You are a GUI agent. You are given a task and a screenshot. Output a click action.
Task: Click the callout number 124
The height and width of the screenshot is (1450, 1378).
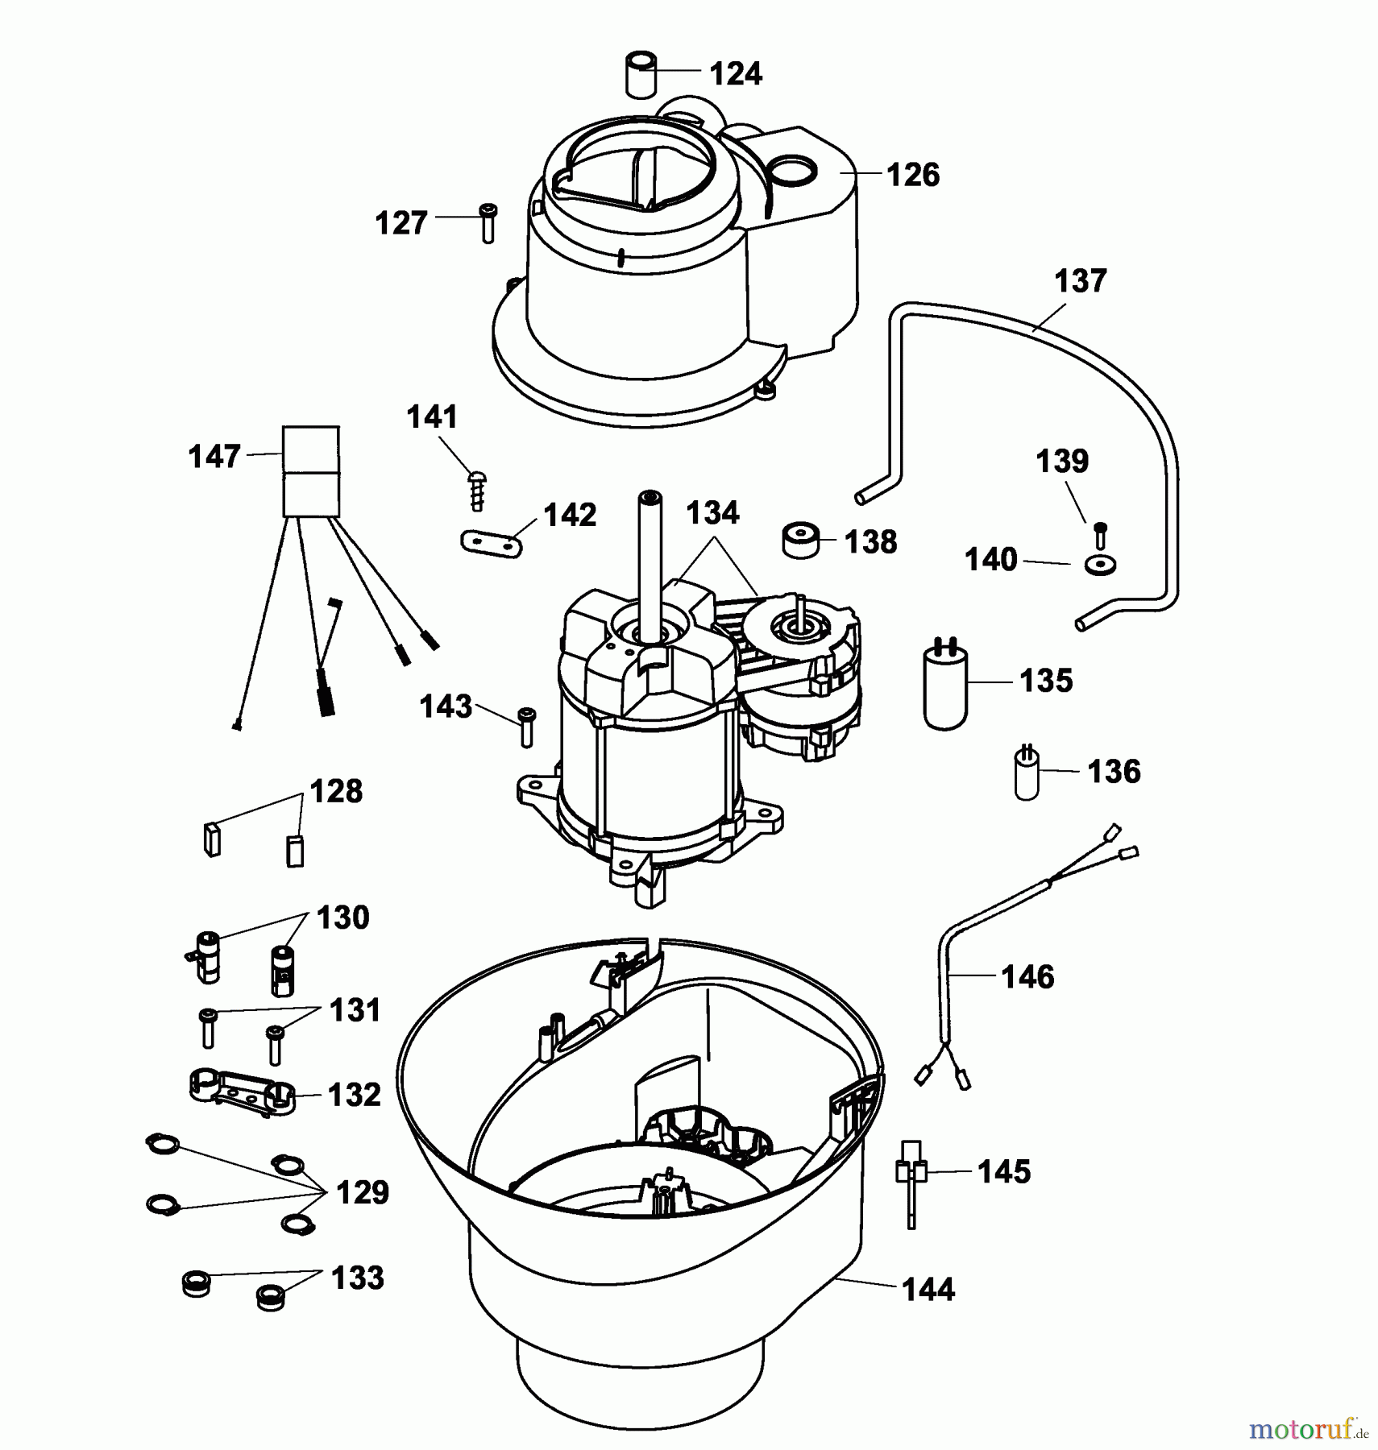tap(736, 74)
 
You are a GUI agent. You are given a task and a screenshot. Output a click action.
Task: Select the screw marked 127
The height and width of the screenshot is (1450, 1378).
tap(488, 223)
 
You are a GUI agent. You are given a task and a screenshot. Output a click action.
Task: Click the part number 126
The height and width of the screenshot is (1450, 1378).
tap(913, 175)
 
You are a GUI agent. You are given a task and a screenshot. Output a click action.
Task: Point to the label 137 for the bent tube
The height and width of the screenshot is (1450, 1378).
tap(1081, 281)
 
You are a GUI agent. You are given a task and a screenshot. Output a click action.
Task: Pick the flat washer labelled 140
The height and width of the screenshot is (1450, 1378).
tap(1100, 565)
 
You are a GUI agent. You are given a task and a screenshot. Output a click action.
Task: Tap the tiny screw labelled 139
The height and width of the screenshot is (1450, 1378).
tap(1101, 535)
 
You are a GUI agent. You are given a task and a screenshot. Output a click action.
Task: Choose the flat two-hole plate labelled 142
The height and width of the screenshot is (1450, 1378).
tap(492, 543)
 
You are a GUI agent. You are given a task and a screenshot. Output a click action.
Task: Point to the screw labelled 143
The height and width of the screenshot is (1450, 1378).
tap(526, 726)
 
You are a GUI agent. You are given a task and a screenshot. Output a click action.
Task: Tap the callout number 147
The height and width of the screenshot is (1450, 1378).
tap(214, 457)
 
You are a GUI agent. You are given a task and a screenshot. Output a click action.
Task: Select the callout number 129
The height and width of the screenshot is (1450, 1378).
tap(363, 1192)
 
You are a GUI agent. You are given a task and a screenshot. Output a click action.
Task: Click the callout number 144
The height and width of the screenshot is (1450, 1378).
tap(928, 1290)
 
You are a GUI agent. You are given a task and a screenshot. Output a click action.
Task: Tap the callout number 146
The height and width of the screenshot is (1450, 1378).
tap(1027, 977)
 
